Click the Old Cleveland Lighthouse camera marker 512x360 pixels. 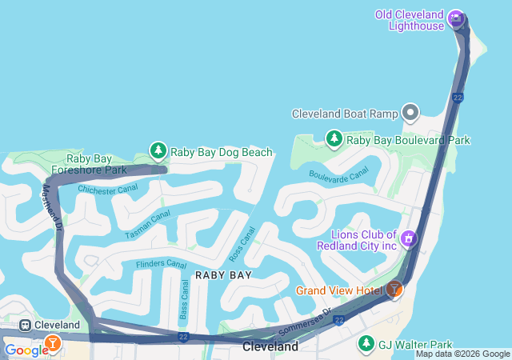coord(456,18)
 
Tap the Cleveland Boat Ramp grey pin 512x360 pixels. coord(411,113)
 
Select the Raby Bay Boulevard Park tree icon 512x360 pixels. coord(334,139)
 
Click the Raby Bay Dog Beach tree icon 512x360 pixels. coord(158,151)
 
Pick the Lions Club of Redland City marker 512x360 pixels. coord(409,238)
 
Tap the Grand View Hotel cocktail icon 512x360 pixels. coord(394,290)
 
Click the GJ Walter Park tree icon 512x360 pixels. coord(366,343)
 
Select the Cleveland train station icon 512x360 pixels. coord(26,326)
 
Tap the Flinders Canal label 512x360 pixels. coord(161,263)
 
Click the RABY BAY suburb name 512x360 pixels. coord(223,274)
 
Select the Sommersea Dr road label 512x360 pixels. coord(304,321)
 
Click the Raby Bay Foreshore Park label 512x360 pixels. coord(90,164)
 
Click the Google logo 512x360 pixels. coord(26,350)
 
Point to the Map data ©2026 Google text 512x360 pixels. coord(462,354)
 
